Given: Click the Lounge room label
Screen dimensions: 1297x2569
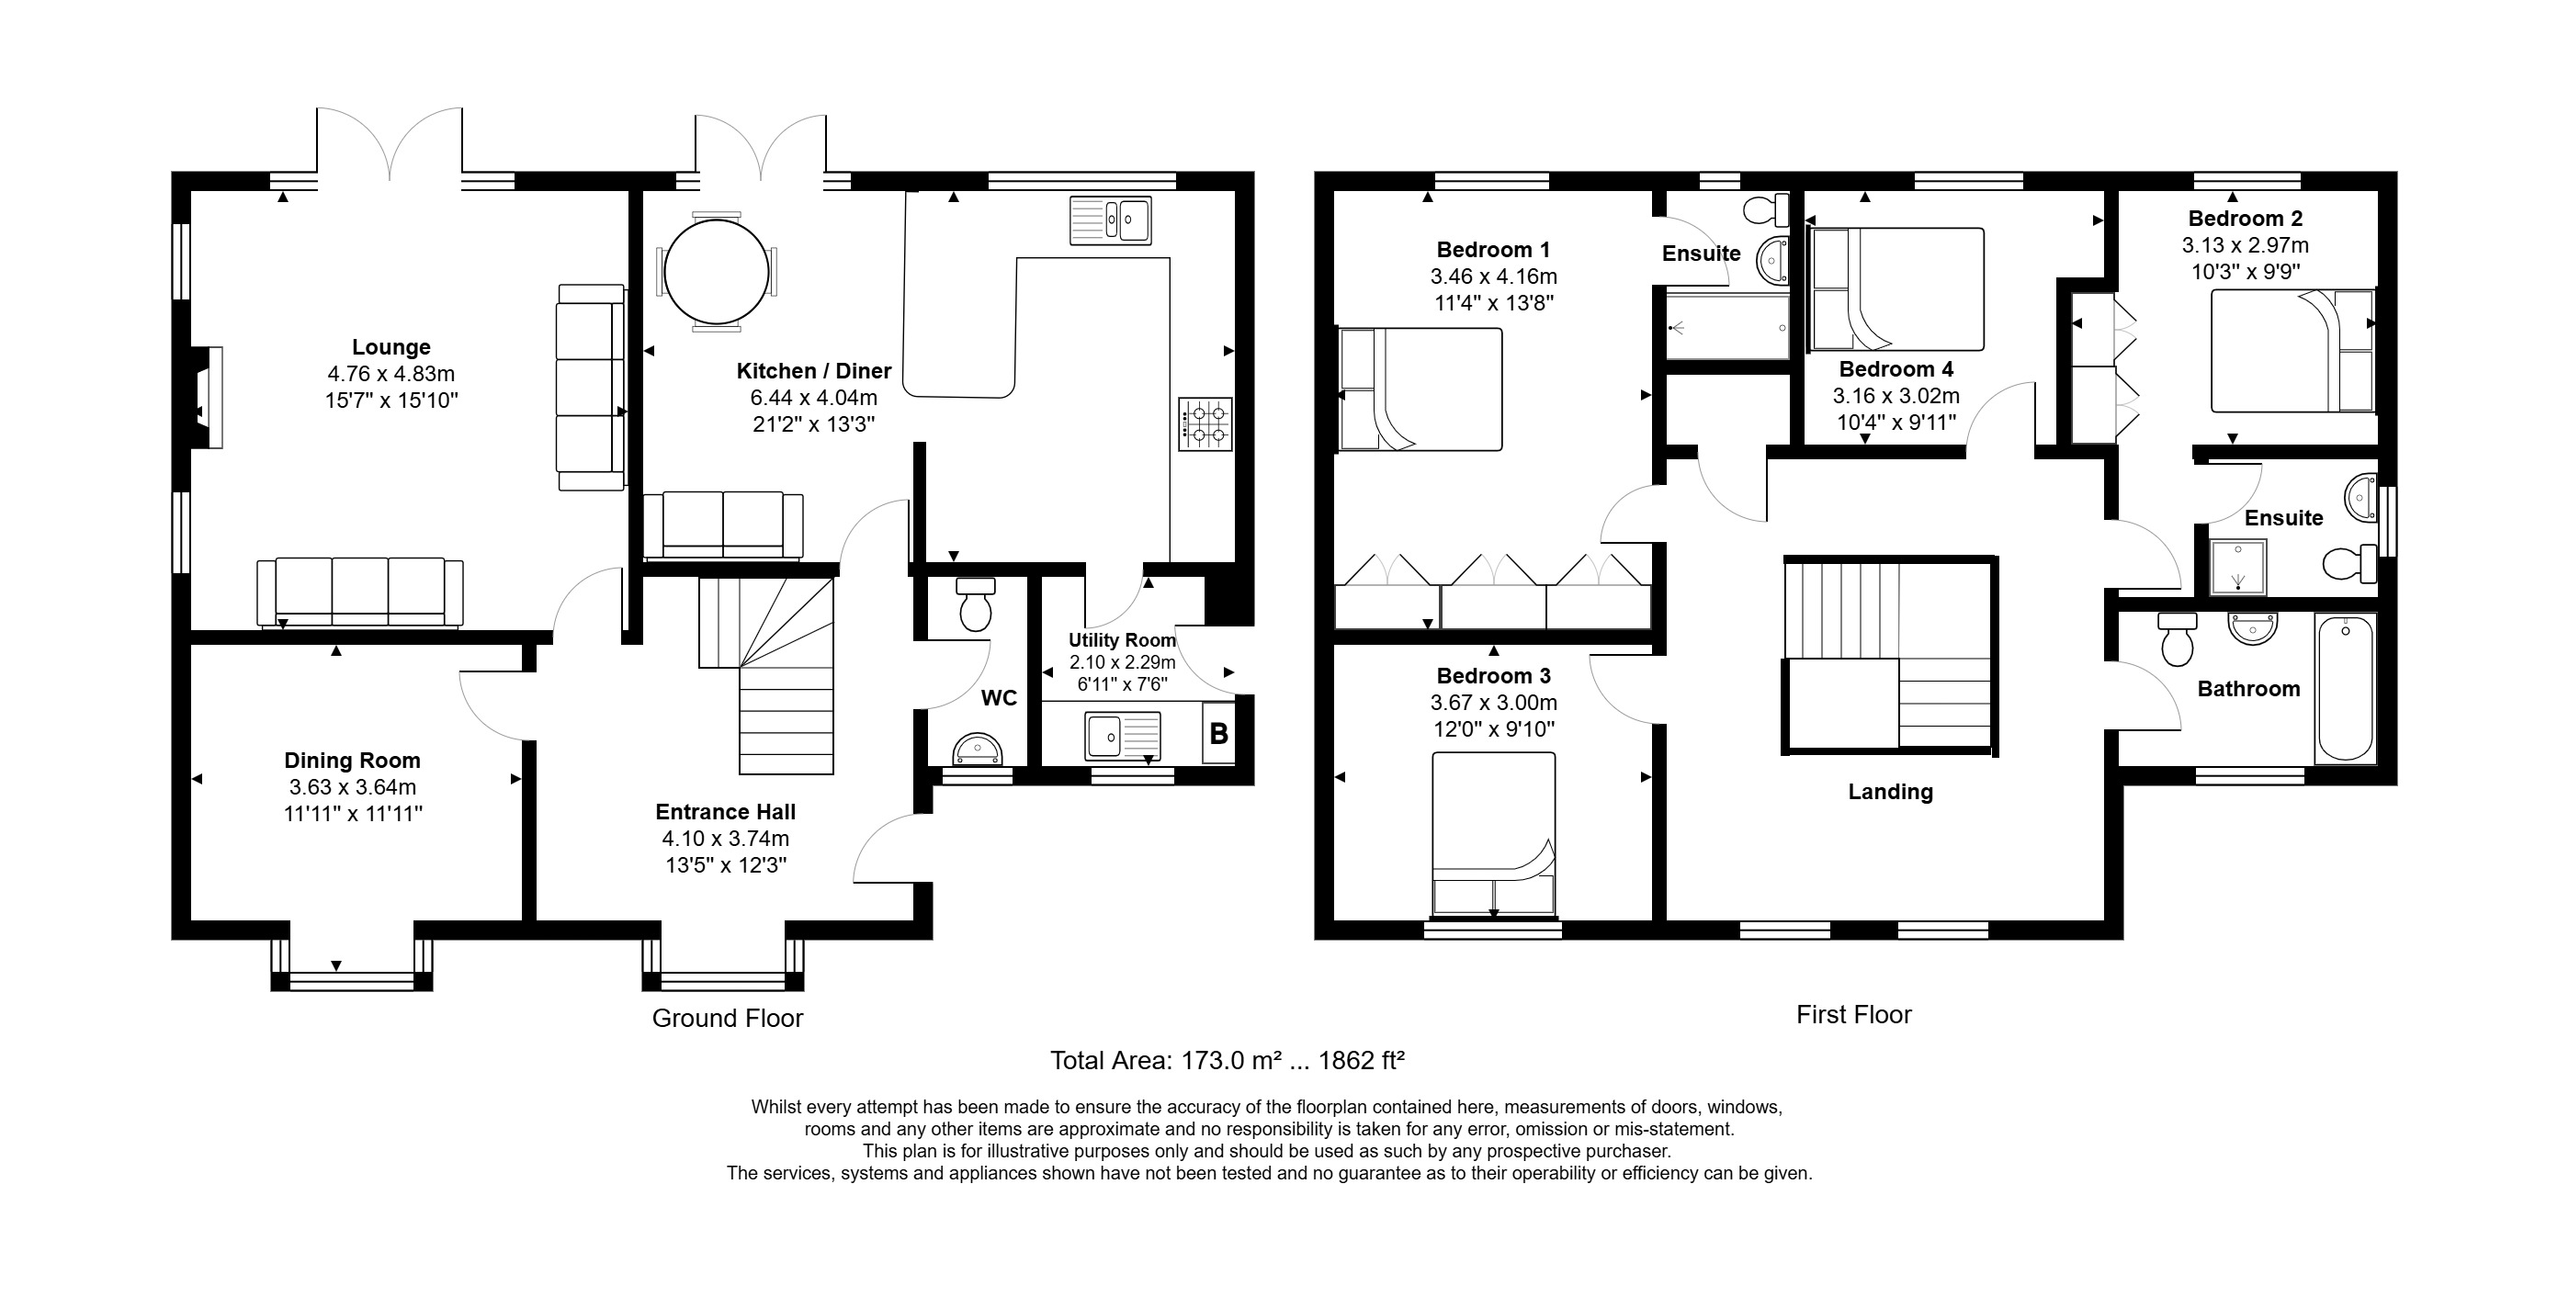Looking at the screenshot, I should (390, 347).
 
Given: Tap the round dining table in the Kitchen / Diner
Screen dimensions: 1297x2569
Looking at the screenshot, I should (716, 271).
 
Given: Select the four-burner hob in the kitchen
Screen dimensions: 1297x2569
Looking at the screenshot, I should (1205, 423).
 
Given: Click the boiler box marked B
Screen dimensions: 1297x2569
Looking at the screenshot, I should (1217, 735).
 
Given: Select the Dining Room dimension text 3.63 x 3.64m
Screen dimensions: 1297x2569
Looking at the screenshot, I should (352, 787).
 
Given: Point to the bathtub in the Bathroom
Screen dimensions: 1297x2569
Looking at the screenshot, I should (2346, 688).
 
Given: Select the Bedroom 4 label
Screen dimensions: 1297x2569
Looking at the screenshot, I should (1896, 369).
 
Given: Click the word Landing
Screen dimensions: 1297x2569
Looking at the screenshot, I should (1890, 792).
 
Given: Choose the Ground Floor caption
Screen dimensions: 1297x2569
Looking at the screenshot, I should (727, 1018).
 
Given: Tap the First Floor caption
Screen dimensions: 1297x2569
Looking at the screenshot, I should (1853, 1015).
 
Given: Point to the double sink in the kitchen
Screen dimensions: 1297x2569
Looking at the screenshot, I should (1110, 220).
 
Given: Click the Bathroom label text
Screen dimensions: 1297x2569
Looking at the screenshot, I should (2247, 689).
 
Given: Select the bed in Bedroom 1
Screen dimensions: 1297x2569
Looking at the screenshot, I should (1420, 389).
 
